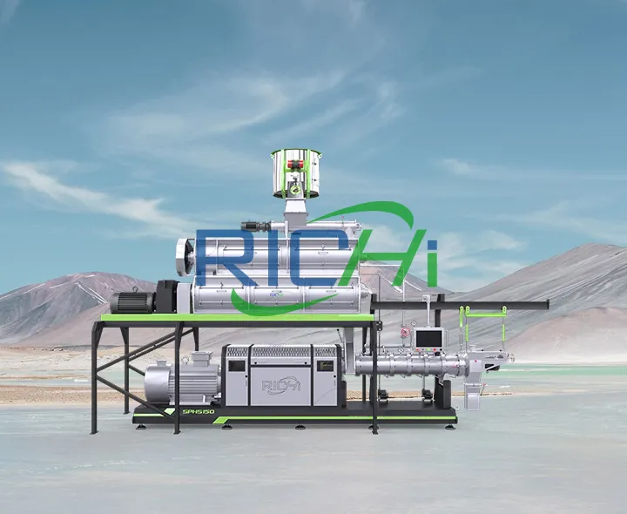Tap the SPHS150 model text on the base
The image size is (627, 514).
point(197,411)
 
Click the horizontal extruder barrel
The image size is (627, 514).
point(409,363)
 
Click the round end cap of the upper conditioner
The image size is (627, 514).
point(184,257)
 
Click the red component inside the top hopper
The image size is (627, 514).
point(296,163)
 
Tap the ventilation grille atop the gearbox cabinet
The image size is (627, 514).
point(280,352)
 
